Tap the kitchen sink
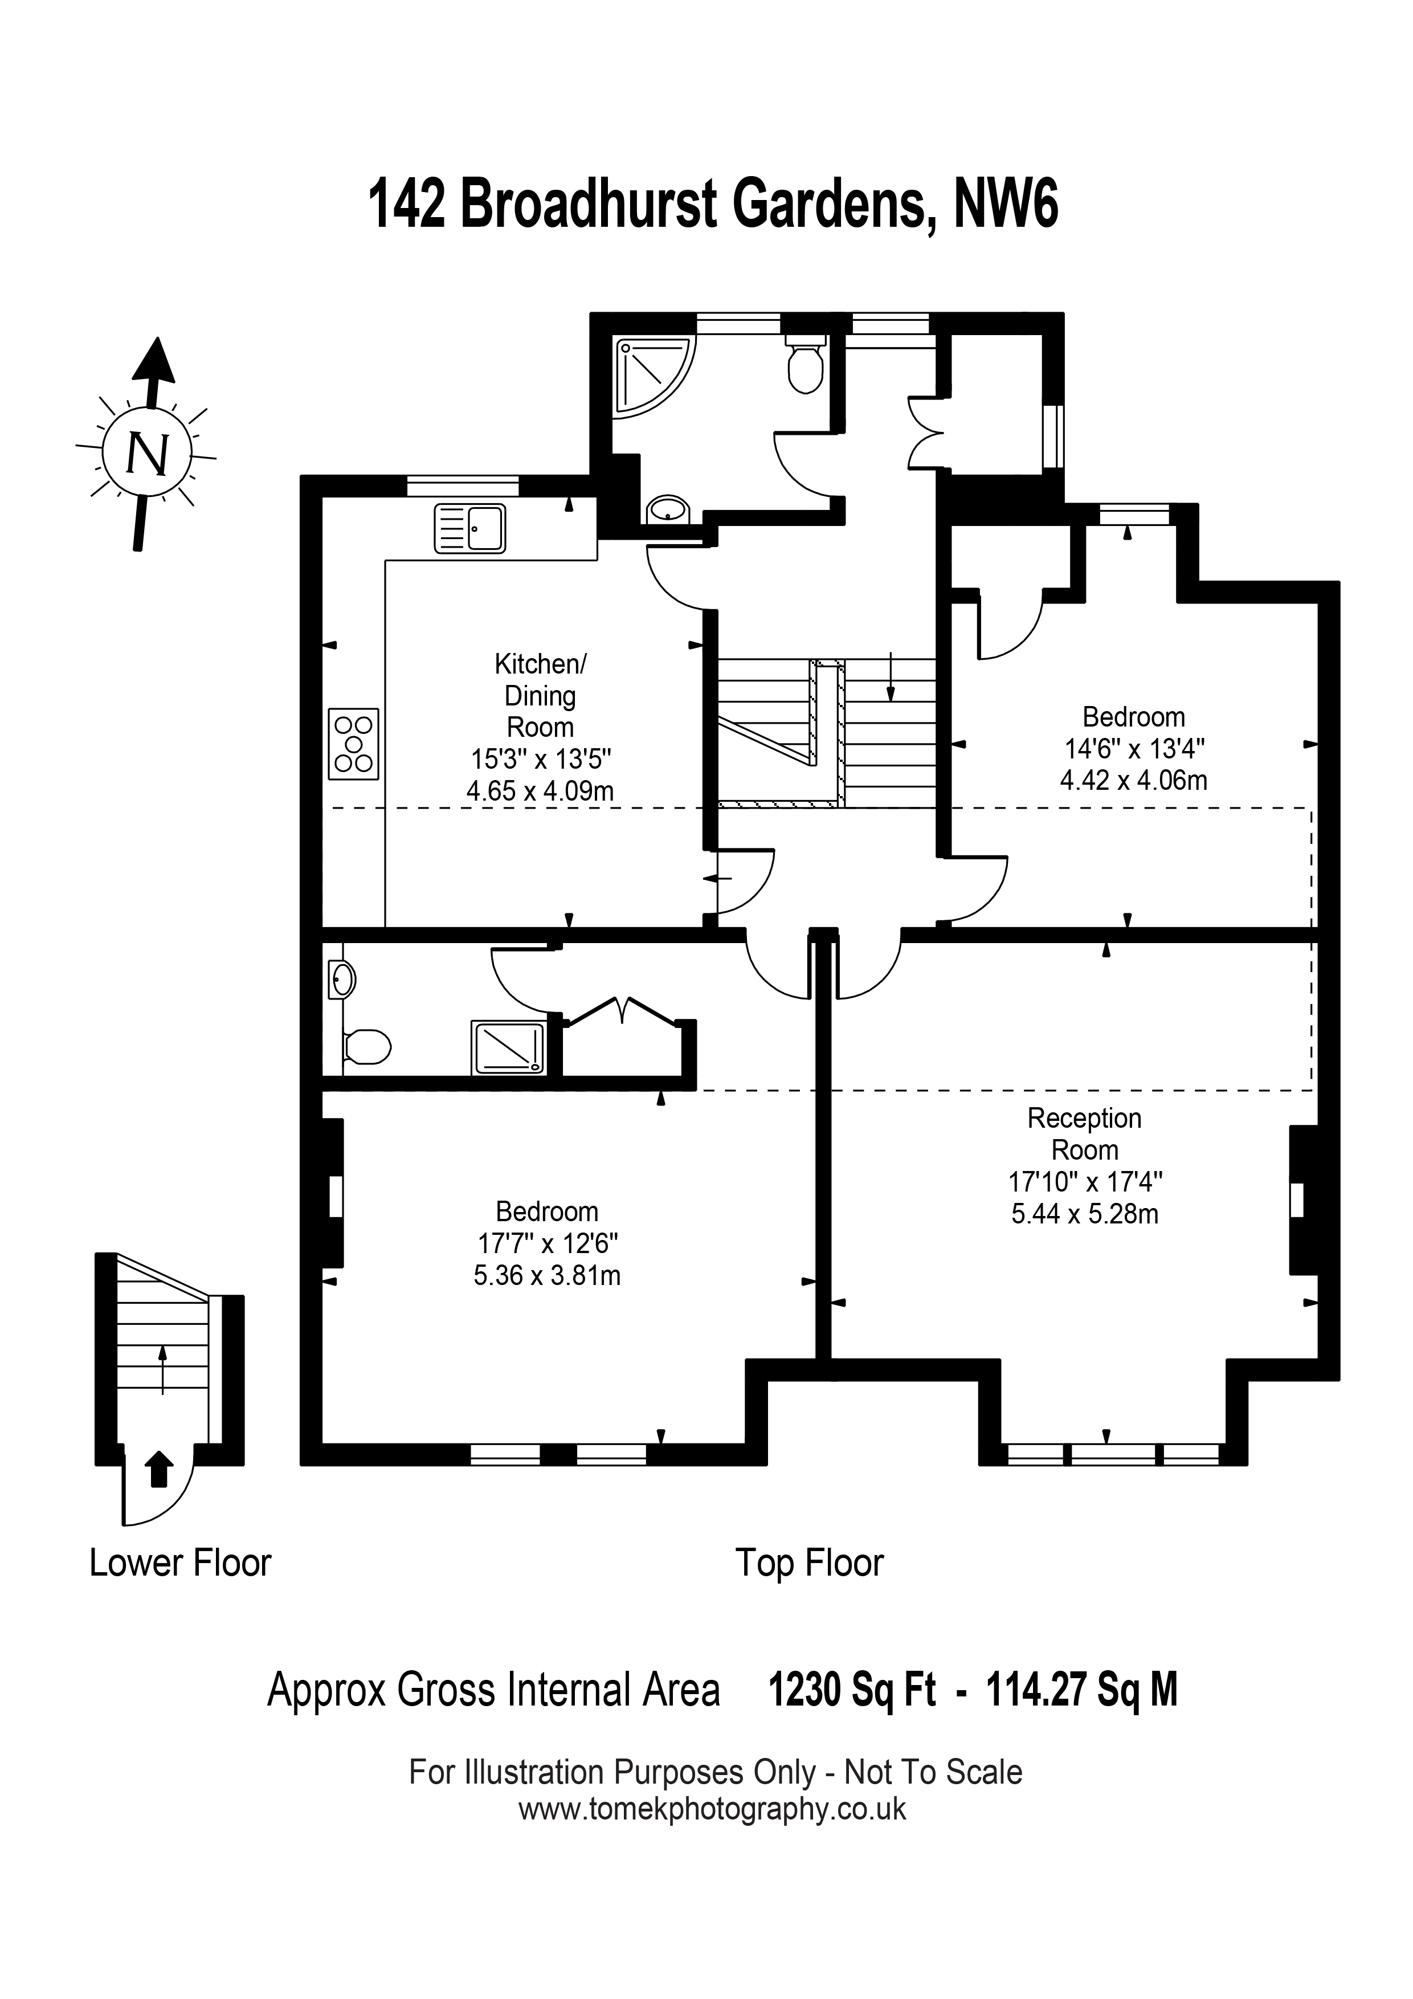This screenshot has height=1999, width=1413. [x=470, y=528]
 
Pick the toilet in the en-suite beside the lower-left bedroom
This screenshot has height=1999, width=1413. [x=366, y=1047]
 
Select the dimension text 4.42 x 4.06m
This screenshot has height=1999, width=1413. [x=1134, y=780]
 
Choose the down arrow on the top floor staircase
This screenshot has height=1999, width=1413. [x=890, y=676]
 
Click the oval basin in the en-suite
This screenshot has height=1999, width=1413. [x=340, y=980]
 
